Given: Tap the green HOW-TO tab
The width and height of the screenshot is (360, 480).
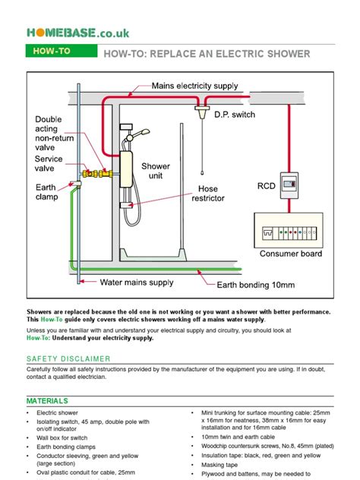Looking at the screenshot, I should pos(50,53).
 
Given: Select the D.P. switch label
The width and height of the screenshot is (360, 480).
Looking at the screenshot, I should pos(235,115).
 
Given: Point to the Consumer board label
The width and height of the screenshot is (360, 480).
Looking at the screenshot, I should pos(291,254).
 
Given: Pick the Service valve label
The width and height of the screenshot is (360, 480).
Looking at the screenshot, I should pos(48,164).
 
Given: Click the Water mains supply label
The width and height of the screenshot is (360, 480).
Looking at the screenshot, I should pos(137,283).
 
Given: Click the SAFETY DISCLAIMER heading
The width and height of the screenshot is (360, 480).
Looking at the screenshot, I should pos(65,358).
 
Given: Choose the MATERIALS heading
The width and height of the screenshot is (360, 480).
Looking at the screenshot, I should pos(47,401).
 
